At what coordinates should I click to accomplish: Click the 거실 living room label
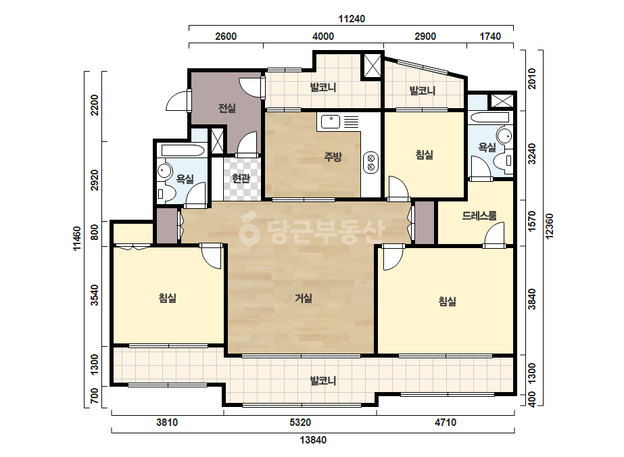304,297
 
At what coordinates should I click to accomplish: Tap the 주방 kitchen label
333,156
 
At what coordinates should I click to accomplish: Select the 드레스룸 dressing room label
479,216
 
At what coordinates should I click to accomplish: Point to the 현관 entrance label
241,178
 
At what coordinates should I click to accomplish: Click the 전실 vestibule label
227,108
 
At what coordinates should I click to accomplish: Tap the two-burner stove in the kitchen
371,162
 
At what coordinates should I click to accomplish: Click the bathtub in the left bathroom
183,151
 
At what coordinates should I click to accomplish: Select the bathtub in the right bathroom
489,118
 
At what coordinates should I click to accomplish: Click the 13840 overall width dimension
313,440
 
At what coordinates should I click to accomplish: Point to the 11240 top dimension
352,19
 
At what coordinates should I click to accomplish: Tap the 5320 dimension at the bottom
300,422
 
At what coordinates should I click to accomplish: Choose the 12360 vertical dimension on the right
549,226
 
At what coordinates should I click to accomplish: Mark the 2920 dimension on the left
95,180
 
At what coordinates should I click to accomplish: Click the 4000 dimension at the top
323,37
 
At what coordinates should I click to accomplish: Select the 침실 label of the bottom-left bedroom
168,297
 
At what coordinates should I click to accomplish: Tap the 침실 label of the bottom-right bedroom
448,301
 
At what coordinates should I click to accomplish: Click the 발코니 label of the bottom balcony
323,381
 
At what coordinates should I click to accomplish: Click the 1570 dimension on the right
531,221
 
